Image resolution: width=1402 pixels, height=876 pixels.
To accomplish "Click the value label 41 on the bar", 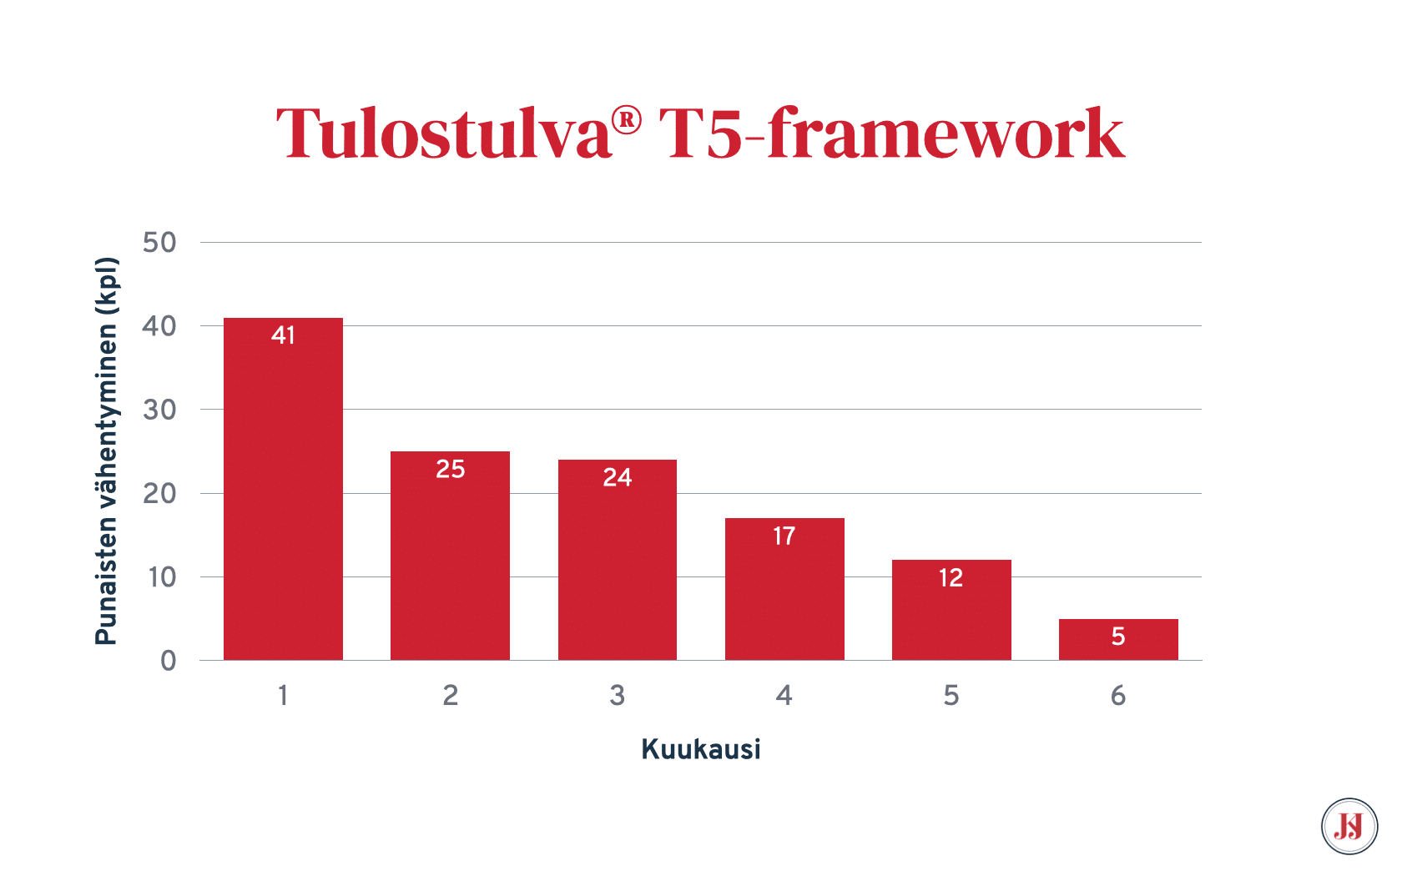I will [x=283, y=335].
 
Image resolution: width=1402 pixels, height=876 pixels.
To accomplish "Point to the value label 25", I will [x=451, y=469].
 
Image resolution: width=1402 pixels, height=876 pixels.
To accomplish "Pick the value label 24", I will [x=618, y=477].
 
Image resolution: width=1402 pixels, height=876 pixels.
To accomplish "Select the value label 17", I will [x=784, y=536].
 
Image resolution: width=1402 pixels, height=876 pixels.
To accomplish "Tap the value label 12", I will [x=951, y=577].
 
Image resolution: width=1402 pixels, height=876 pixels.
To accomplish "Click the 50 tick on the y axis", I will [x=159, y=243].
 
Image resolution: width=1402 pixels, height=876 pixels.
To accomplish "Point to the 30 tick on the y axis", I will [x=159, y=410].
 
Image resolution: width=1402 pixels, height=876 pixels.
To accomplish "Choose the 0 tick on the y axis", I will [x=169, y=661].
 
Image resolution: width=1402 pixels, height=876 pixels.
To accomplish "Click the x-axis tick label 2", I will [x=451, y=695].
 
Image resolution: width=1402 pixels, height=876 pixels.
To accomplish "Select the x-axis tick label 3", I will [x=618, y=695].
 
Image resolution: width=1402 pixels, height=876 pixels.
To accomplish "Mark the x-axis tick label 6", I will [x=1118, y=695].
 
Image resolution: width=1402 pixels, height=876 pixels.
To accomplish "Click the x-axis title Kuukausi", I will [x=701, y=749].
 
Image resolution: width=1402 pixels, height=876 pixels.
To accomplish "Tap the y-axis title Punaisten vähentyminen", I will [x=107, y=451].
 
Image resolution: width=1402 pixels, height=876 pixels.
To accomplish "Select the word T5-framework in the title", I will [x=891, y=133].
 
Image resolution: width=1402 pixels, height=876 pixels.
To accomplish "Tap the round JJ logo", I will [x=1349, y=827].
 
